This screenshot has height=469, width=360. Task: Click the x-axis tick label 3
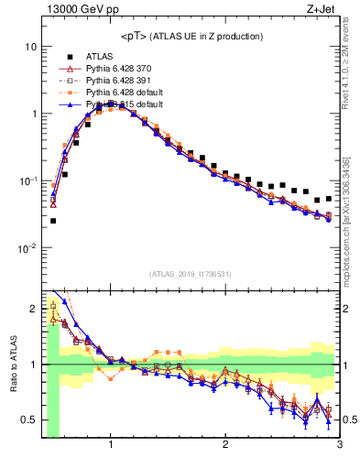[338, 445]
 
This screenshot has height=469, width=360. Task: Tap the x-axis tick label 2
[225, 445]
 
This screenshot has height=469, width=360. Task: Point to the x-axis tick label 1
[111, 445]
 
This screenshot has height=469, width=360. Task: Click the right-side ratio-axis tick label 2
[347, 309]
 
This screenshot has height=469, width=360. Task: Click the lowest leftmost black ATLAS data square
[53, 221]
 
